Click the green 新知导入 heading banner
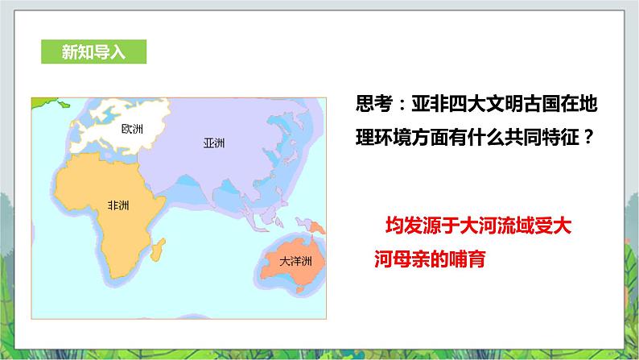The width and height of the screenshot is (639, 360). pos(93,52)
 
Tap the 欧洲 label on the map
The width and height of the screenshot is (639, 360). pos(133,129)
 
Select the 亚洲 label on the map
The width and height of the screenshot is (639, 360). pos(214,143)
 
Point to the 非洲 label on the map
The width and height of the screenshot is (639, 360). pos(118,205)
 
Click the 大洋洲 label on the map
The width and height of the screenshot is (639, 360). pos(296,261)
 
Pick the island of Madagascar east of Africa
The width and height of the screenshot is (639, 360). pos(158,249)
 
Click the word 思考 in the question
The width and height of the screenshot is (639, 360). pos(373,104)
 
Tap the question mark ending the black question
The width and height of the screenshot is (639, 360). pos(588,137)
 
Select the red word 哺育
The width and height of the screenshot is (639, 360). pos(467,259)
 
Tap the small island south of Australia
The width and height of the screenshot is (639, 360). pos(300,290)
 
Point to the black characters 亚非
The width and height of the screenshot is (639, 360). pos(430,104)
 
